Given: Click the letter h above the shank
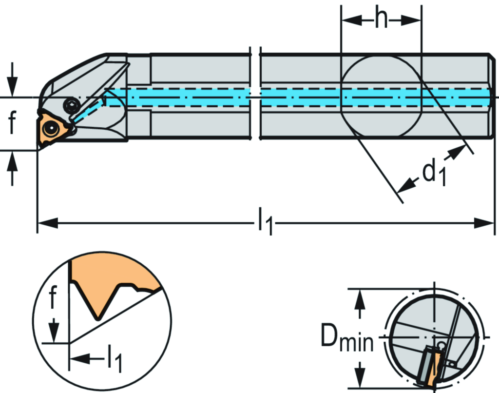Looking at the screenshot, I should (x=381, y=19).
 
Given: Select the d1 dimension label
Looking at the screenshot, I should (x=434, y=173).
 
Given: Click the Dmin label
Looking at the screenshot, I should (x=346, y=338).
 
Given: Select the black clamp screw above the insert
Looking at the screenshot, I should (x=71, y=104).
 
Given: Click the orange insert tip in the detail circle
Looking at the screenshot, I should (x=98, y=314).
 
